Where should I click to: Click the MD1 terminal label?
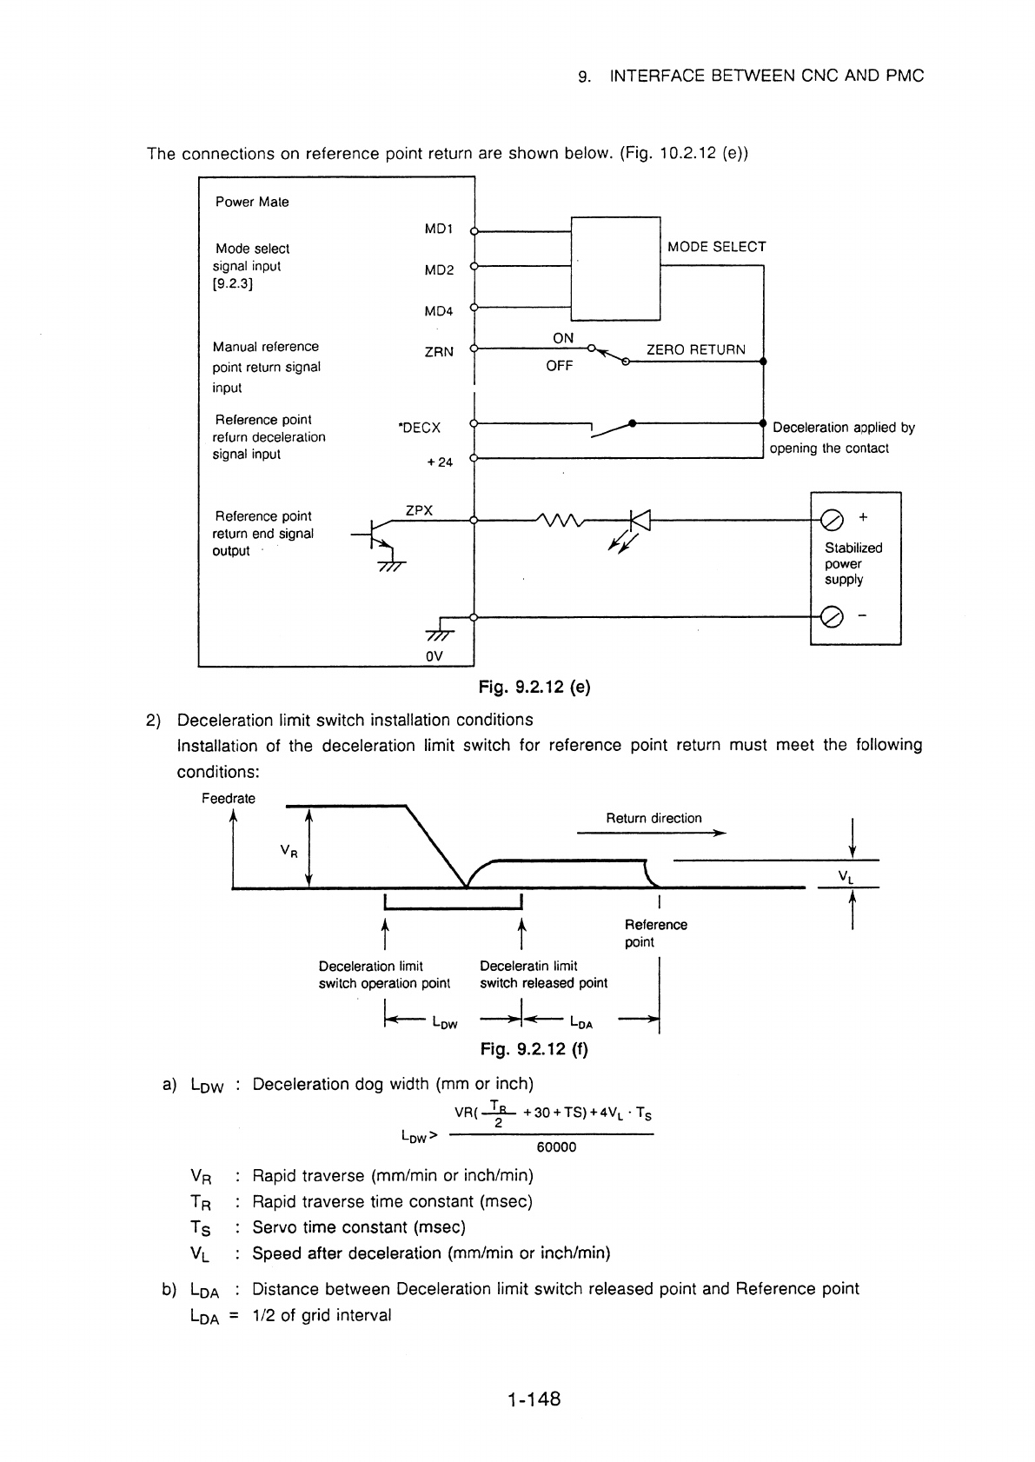coord(439,229)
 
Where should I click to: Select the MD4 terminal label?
coord(439,311)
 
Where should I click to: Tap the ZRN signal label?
coord(439,352)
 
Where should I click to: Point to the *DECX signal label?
coord(420,428)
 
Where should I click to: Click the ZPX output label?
coord(419,510)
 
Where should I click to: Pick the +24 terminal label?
coord(440,462)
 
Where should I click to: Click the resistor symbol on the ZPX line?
coord(560,520)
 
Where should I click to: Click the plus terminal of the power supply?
coord(832,520)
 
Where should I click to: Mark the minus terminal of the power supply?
coord(832,617)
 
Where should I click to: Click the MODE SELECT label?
coord(717,247)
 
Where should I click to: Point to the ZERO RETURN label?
coord(696,349)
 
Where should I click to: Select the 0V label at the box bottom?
coord(434,656)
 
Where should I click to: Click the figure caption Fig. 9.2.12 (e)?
coord(534,687)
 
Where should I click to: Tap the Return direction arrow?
coord(651,833)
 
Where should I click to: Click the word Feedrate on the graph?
coord(229,798)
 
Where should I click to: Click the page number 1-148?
coord(534,1399)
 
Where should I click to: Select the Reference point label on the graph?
coord(655,934)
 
